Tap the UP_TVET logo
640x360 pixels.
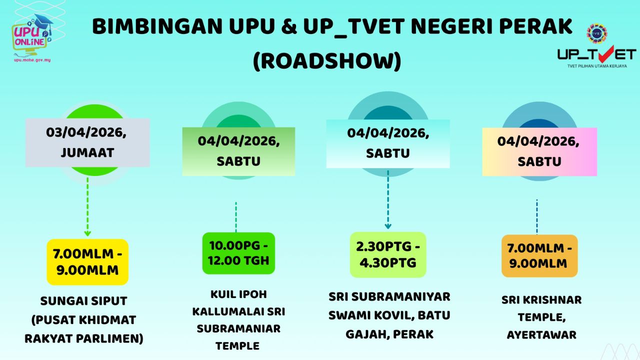click(x=596, y=48)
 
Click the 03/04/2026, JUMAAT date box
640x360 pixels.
click(x=87, y=142)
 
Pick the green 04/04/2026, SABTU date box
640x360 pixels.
click(x=238, y=151)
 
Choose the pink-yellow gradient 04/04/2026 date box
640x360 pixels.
click(x=539, y=151)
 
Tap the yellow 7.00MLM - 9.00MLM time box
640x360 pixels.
click(x=87, y=262)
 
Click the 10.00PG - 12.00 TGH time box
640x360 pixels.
click(x=238, y=253)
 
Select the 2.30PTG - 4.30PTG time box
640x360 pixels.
click(x=387, y=254)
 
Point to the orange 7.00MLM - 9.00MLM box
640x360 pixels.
click(x=539, y=256)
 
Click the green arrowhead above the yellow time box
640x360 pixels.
click(x=87, y=233)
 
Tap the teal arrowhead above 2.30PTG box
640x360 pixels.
click(x=387, y=226)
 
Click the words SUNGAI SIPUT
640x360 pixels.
click(x=83, y=301)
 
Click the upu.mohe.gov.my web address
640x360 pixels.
click(x=32, y=60)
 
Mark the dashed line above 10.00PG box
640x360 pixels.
click(x=236, y=216)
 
